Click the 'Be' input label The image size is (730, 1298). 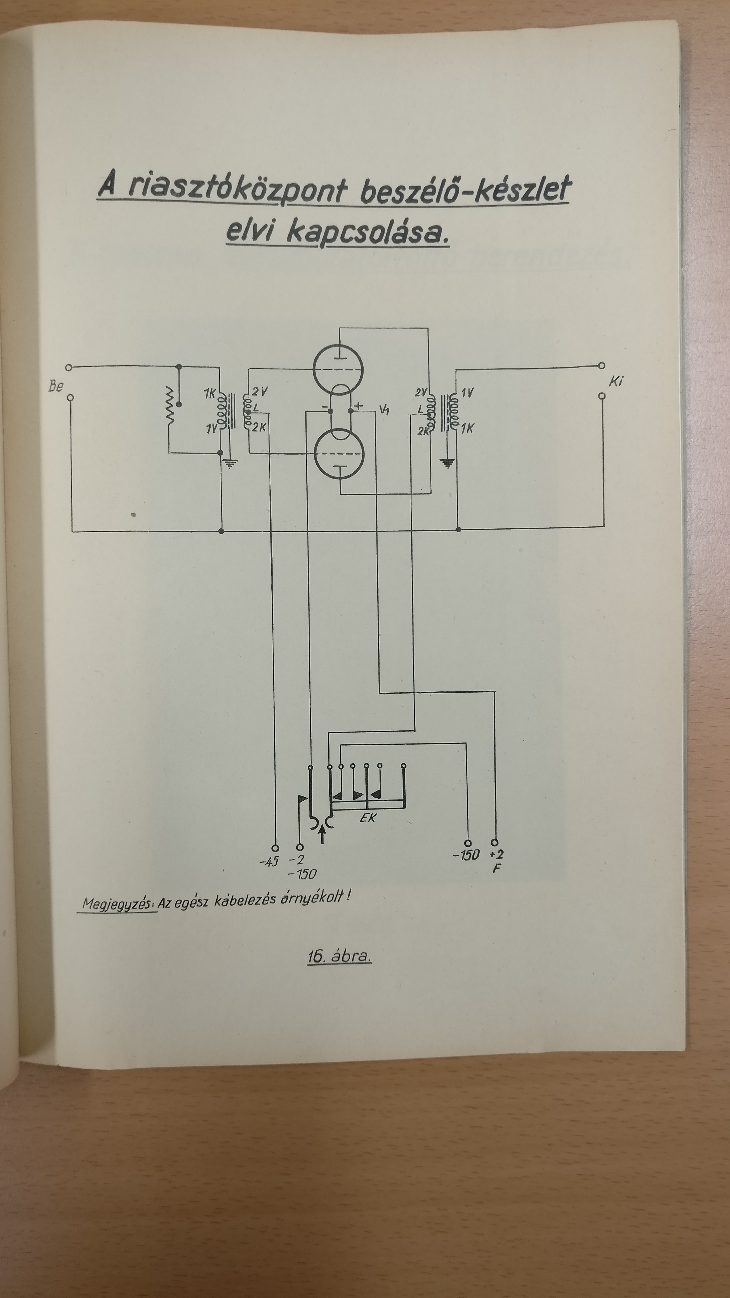[x=55, y=387]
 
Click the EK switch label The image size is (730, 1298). [x=368, y=817]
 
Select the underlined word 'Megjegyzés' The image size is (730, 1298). [x=118, y=903]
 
